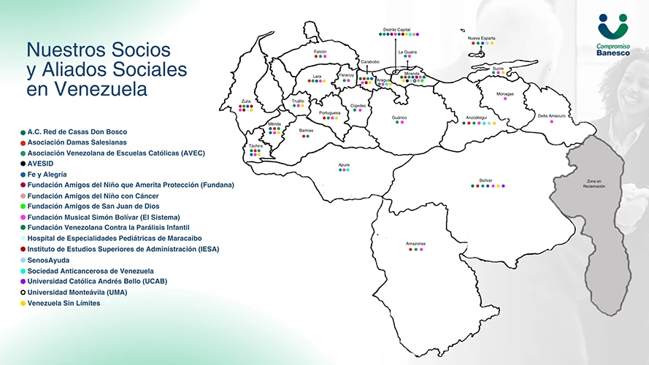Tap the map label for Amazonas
pyautogui.click(x=415, y=243)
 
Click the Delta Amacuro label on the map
pyautogui.click(x=552, y=115)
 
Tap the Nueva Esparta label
pyautogui.click(x=481, y=37)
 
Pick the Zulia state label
pyautogui.click(x=246, y=101)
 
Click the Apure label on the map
pyautogui.click(x=344, y=164)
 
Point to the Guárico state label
pyautogui.click(x=399, y=117)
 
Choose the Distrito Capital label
pyautogui.click(x=396, y=29)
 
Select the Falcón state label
pyautogui.click(x=320, y=52)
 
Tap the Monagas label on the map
pyautogui.click(x=505, y=93)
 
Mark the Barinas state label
pyautogui.click(x=306, y=131)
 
